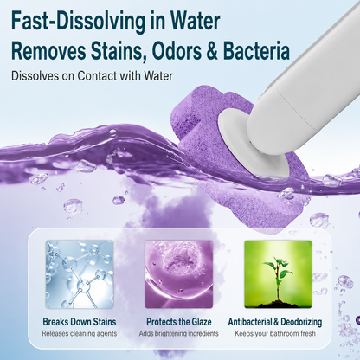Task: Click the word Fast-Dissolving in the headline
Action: click(x=79, y=21)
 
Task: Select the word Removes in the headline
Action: click(x=48, y=50)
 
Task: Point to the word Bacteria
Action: click(x=256, y=50)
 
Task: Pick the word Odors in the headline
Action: click(x=177, y=50)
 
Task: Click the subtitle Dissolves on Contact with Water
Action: click(x=92, y=76)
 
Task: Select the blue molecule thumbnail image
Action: click(x=80, y=274)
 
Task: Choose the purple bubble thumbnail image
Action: click(x=179, y=274)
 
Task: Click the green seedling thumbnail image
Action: click(x=278, y=274)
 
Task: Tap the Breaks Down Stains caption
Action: click(x=80, y=322)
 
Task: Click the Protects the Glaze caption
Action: click(x=179, y=322)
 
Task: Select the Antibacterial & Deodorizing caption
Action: click(x=275, y=322)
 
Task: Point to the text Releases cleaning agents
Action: click(x=80, y=334)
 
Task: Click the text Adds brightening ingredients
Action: click(x=179, y=334)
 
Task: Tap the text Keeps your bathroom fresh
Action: click(x=275, y=334)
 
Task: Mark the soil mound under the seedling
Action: click(x=278, y=304)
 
